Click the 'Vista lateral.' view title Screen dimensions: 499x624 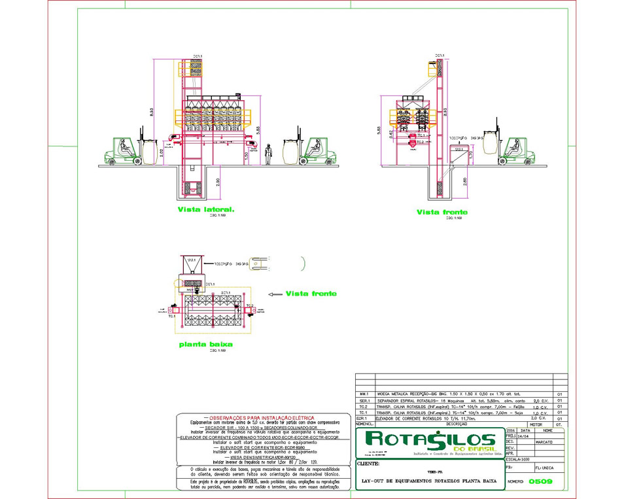pos(205,210)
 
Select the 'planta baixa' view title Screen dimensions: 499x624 pos(205,343)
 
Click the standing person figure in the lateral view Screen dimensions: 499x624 pos(268,154)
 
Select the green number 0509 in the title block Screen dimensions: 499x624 pos(540,481)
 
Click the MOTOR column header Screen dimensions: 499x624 pos(536,424)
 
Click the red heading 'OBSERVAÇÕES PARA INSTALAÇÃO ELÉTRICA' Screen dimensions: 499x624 pos(259,418)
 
